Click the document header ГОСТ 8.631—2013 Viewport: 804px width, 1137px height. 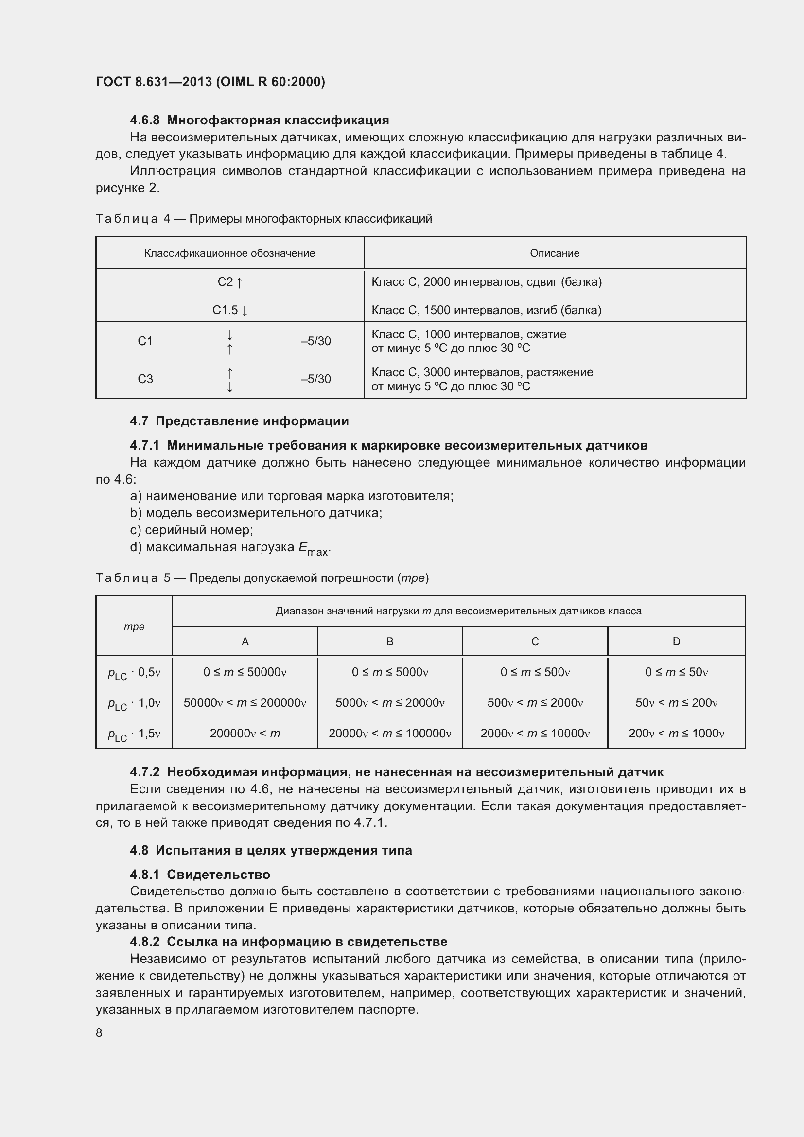(210, 82)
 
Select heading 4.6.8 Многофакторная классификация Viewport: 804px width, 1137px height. (260, 121)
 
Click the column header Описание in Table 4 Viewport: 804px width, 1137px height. (555, 253)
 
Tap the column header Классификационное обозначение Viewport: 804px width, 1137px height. (230, 253)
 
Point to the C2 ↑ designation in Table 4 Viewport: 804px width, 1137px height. (230, 282)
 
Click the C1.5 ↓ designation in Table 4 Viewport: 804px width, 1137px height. (230, 310)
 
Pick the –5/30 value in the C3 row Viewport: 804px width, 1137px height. (315, 379)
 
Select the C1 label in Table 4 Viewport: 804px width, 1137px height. (145, 341)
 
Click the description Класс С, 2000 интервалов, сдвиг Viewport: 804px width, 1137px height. (486, 282)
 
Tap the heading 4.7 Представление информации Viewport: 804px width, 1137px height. (239, 421)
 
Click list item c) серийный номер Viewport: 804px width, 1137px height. (192, 530)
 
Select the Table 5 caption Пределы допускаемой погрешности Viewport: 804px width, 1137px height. (262, 578)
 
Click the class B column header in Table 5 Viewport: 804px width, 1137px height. (390, 641)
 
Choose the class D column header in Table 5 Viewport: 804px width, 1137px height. (676, 641)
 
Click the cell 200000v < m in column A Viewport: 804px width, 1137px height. (245, 734)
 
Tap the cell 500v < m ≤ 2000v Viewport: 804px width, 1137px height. (535, 703)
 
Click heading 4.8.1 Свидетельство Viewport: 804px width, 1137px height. (200, 875)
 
